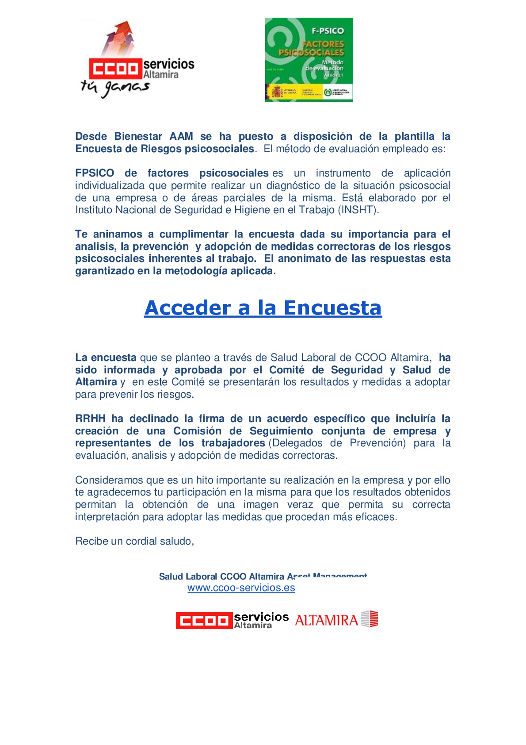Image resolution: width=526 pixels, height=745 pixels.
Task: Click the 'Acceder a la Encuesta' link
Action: (x=263, y=308)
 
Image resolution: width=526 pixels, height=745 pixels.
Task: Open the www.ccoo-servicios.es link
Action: (x=241, y=588)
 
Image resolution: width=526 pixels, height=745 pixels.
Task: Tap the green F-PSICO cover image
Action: (x=309, y=59)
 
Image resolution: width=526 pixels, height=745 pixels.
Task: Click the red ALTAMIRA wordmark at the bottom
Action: (x=326, y=620)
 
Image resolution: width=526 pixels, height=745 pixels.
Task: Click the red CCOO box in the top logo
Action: (x=115, y=69)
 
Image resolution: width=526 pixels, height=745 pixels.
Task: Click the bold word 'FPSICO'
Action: (x=95, y=173)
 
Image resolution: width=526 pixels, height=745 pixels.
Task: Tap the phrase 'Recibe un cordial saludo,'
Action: (x=134, y=541)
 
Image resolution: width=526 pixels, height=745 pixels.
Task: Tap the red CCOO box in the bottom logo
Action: (x=204, y=620)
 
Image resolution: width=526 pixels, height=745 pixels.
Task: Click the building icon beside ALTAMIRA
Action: (x=370, y=619)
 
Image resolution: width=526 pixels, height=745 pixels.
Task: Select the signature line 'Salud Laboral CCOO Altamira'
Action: (x=221, y=576)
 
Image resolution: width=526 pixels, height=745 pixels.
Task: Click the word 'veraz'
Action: (x=300, y=504)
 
